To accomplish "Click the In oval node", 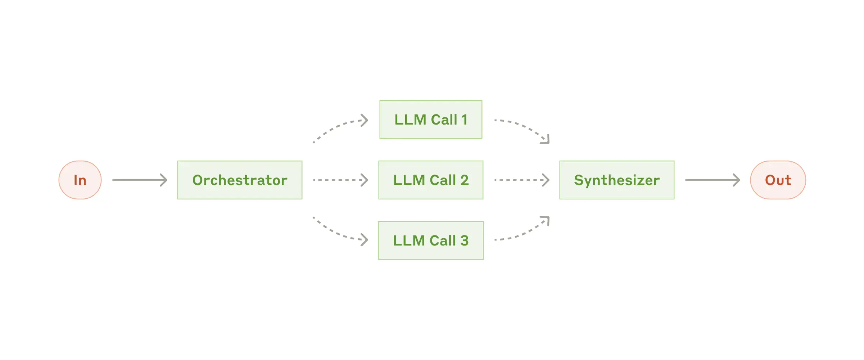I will [x=80, y=180].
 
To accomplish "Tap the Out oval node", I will [x=778, y=180].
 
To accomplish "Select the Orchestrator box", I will [x=240, y=180].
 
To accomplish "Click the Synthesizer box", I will [x=616, y=180].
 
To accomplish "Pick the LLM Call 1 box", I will [x=431, y=120].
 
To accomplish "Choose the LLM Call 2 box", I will [x=431, y=180].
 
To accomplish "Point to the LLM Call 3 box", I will [x=431, y=240].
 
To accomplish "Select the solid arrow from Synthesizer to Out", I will [x=712, y=180].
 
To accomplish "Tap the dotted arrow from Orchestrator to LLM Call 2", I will [x=340, y=180].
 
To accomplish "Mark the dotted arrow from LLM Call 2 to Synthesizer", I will [x=522, y=180].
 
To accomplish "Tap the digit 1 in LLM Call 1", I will [x=464, y=120].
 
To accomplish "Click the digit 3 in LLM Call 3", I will [x=464, y=240].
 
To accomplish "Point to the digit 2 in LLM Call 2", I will [x=464, y=180].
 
